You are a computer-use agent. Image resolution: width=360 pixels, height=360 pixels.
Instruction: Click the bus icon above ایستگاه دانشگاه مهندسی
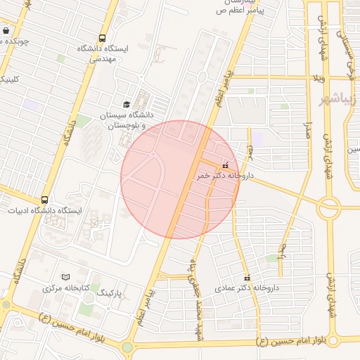point(103,39)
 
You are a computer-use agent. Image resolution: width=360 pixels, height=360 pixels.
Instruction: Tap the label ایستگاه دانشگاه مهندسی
point(103,54)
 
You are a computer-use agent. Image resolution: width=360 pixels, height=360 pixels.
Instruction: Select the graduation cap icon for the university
point(127,104)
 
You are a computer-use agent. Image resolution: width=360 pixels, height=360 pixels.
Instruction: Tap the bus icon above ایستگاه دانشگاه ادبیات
point(45,200)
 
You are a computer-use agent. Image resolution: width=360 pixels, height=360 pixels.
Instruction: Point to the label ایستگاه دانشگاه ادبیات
point(45,210)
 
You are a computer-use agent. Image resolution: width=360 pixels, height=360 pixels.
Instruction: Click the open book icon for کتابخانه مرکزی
point(66,277)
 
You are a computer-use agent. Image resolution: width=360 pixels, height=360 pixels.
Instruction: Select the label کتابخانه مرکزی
point(66,288)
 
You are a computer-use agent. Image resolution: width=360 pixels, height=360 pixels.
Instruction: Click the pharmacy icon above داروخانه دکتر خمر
point(225,165)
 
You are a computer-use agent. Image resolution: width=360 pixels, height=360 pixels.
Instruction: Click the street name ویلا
point(319,76)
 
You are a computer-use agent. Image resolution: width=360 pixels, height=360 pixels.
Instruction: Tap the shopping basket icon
point(6,31)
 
